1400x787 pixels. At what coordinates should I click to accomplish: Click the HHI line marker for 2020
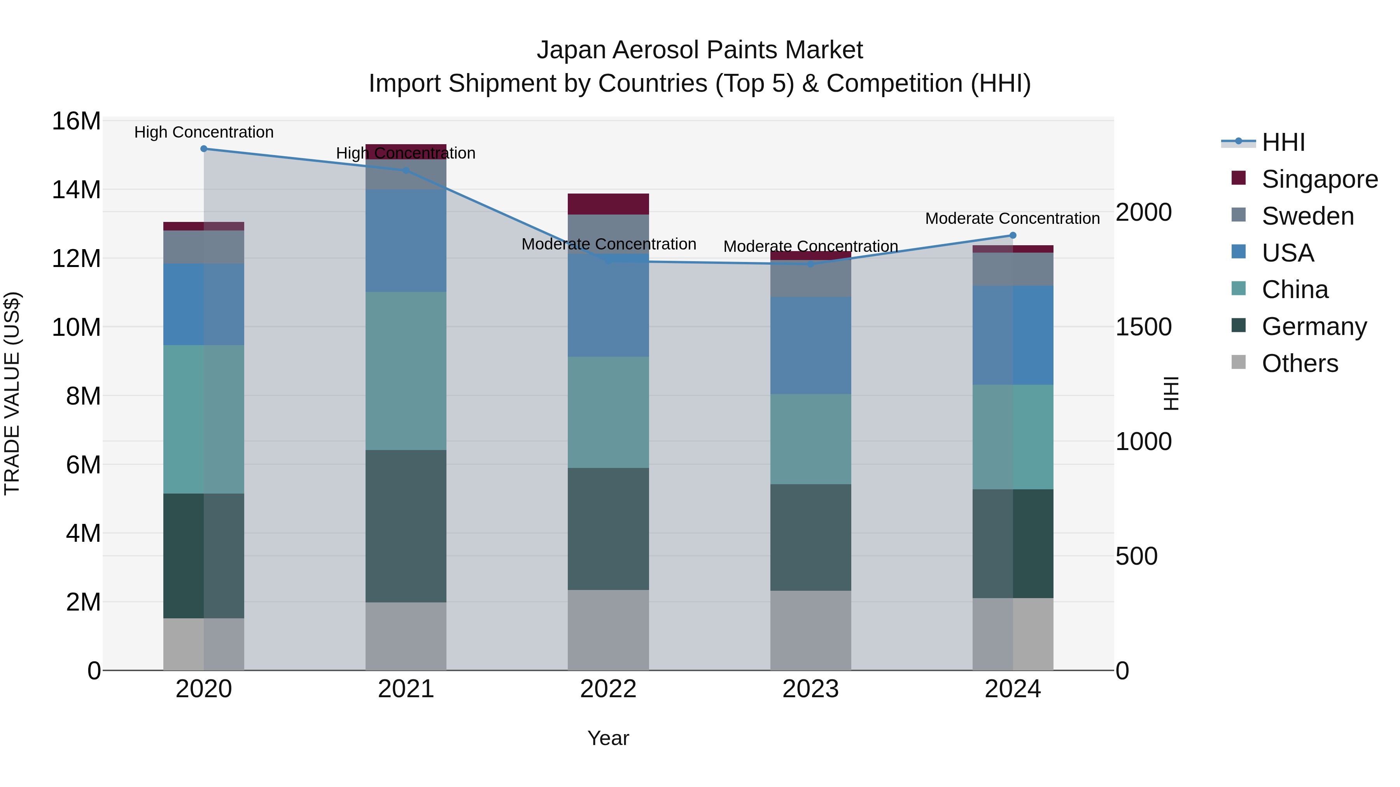[x=204, y=149]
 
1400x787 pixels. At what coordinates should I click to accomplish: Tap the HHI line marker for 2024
[x=1013, y=235]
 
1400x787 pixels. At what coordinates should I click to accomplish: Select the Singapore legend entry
[x=1319, y=179]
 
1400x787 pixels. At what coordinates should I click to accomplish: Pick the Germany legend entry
[x=1314, y=326]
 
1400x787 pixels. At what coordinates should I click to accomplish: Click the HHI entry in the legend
[x=1283, y=142]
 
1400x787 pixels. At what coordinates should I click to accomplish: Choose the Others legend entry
[x=1299, y=363]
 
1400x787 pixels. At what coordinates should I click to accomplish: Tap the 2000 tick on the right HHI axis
[x=1143, y=212]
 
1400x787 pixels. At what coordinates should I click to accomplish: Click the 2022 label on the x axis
[x=608, y=689]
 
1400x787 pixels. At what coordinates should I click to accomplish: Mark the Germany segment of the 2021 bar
[x=406, y=526]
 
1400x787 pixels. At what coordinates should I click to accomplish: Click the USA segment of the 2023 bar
[x=810, y=346]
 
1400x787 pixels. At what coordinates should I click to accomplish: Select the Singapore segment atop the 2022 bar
[x=608, y=204]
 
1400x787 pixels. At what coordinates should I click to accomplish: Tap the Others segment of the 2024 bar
[x=1013, y=634]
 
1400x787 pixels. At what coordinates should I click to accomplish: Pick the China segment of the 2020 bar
[x=204, y=419]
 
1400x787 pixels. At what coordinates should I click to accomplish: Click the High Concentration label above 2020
[x=204, y=133]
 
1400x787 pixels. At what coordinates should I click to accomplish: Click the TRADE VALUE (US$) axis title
[x=12, y=393]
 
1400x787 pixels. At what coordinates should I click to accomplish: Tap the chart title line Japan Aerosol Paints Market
[x=700, y=51]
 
